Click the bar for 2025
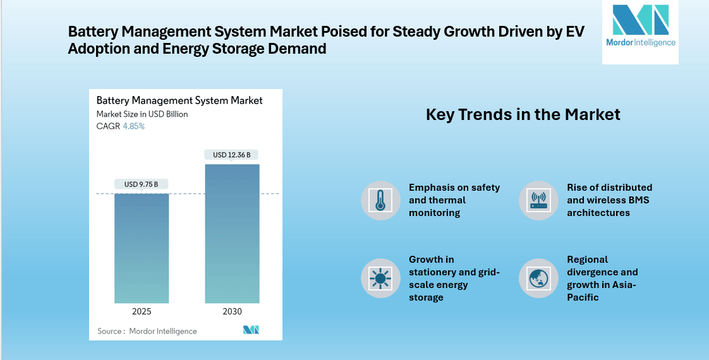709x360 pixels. tap(142, 248)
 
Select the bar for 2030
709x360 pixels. tap(232, 234)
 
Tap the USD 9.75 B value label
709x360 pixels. tap(142, 184)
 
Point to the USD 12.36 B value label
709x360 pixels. tap(232, 155)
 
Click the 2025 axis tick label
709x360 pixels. tap(142, 311)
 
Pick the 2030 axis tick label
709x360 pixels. tap(232, 311)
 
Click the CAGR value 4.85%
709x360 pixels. tap(133, 126)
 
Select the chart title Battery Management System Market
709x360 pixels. tap(179, 100)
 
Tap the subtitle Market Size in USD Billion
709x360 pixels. tap(142, 114)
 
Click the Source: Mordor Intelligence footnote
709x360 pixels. tap(147, 331)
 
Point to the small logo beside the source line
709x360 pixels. tap(251, 330)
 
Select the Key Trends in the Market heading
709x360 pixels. tap(523, 114)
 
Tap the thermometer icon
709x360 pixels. tap(380, 200)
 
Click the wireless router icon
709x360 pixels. tap(538, 200)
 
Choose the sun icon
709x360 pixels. tap(380, 278)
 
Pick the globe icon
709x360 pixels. tap(538, 278)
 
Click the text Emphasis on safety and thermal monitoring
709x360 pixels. tap(454, 200)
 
